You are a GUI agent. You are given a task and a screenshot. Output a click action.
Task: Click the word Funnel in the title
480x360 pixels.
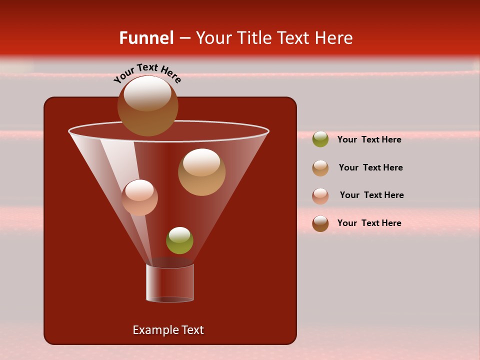(146, 38)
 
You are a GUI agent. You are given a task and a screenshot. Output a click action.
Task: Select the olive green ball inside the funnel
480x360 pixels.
(179, 240)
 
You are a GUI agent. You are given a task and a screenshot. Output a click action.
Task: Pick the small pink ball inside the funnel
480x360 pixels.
(139, 197)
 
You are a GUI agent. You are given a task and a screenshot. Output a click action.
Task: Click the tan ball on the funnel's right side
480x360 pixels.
(201, 172)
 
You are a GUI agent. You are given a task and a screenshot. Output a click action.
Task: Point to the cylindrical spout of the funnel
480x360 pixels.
(170, 283)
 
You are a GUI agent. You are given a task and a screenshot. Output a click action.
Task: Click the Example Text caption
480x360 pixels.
(168, 330)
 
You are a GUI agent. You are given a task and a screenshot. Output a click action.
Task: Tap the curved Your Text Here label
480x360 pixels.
(147, 73)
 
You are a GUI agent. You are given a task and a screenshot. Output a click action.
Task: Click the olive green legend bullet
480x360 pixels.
(320, 139)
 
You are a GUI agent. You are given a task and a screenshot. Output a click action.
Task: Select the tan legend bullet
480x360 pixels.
(320, 168)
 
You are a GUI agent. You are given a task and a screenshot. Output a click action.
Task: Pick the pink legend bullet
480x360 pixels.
(320, 196)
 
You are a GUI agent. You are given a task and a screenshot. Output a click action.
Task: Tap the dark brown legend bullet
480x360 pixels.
(320, 223)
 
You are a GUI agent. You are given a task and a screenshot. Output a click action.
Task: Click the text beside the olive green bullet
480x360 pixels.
(369, 140)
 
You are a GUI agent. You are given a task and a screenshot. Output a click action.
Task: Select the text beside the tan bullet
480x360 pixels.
(370, 168)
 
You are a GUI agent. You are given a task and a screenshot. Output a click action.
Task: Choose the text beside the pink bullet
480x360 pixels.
(371, 195)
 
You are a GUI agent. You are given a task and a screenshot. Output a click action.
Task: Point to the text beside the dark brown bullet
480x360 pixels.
(369, 223)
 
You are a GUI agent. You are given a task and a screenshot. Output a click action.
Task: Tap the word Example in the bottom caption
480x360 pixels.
(154, 330)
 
